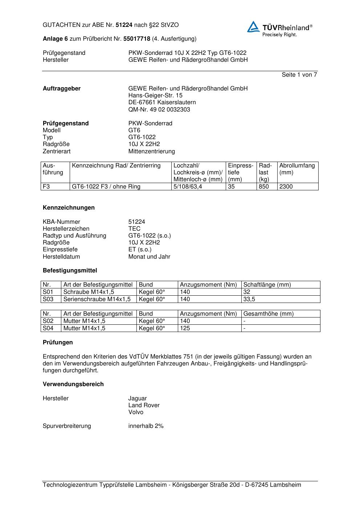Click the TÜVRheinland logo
coord(279,29)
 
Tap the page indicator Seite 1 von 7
coord(299,75)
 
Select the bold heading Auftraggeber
coord(62,89)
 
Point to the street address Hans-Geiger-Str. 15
coord(155,96)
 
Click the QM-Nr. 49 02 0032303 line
coord(159,110)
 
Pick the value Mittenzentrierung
coord(151,151)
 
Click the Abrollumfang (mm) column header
coord(297,169)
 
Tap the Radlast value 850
coord(264,187)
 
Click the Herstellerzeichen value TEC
coord(134,229)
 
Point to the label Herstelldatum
coord(61,257)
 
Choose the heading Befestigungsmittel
coord(70,271)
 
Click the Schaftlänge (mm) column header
coord(267,285)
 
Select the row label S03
coord(48,299)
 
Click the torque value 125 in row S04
coord(185,328)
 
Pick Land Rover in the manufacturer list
coord(144,405)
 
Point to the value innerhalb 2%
coord(146,426)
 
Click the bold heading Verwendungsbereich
coord(73,384)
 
